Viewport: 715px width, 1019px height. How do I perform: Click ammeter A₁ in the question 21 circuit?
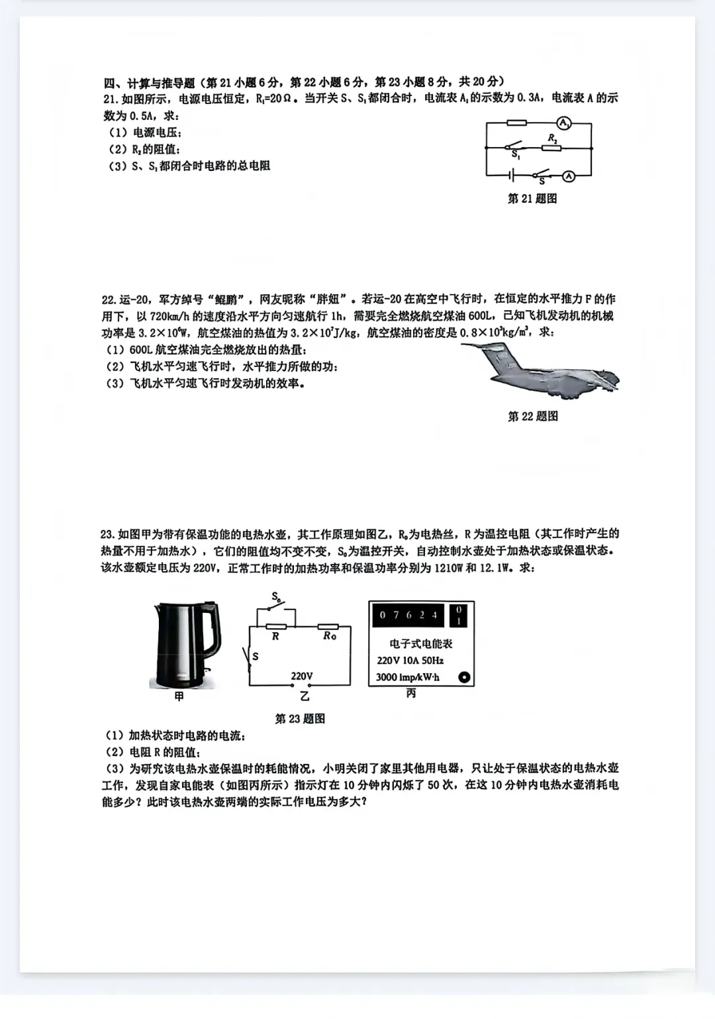coord(563,123)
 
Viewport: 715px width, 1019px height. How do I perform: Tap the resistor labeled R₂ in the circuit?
coord(551,148)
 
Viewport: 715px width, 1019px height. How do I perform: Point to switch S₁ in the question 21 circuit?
coord(514,146)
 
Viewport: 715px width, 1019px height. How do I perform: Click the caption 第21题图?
coord(532,199)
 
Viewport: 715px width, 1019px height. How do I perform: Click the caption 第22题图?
coord(532,416)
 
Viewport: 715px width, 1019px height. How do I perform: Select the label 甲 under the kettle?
coord(179,696)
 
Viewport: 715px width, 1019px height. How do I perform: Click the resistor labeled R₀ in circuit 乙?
coord(328,626)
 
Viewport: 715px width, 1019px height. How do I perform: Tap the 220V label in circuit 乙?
coord(301,676)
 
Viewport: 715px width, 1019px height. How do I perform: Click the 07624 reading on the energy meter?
coord(408,615)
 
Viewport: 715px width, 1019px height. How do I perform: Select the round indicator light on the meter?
coord(464,677)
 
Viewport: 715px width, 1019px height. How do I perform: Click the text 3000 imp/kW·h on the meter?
coord(407,677)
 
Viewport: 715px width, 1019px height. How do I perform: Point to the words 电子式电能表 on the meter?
coord(420,643)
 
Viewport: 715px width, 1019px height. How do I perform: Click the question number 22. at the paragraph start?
coord(109,299)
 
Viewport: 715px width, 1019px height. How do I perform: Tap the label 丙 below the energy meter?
coord(411,694)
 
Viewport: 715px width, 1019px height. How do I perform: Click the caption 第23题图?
coord(299,719)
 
